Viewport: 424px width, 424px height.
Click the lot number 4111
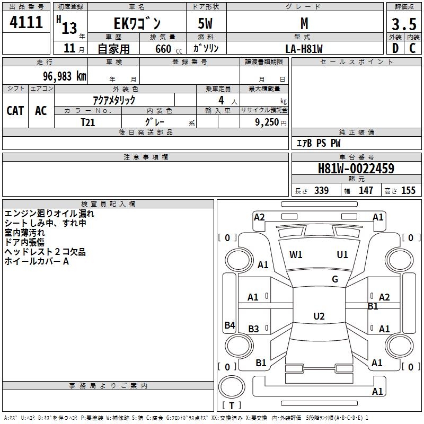(x=26, y=23)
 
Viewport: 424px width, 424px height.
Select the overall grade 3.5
(x=403, y=24)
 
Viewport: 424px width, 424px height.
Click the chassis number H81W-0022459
(x=356, y=169)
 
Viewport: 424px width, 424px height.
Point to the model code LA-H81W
(x=304, y=49)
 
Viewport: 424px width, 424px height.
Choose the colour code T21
(x=89, y=122)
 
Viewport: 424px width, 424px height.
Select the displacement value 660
(x=163, y=49)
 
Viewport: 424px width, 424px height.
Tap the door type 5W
(x=206, y=23)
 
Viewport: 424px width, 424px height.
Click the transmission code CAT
(x=15, y=110)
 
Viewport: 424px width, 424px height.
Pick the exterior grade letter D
(x=395, y=48)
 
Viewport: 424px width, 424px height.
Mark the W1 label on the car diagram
(x=296, y=255)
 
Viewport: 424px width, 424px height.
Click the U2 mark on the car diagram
(x=319, y=316)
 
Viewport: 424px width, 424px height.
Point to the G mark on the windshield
(x=335, y=279)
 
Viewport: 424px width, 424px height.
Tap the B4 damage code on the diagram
(x=229, y=325)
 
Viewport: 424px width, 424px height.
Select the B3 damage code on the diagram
(x=254, y=329)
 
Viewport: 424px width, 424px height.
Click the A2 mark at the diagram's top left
(x=259, y=217)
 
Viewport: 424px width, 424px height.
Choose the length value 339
(x=321, y=191)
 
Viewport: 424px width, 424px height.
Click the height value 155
(x=408, y=191)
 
